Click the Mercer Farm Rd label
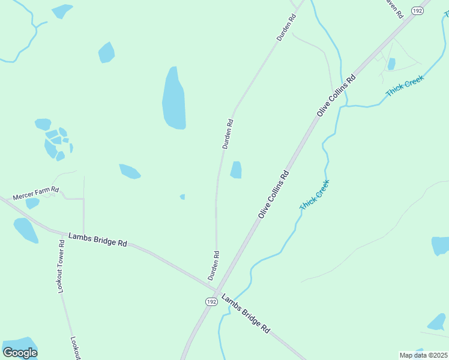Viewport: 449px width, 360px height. (x=37, y=193)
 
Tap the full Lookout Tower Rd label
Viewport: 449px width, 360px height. (x=61, y=266)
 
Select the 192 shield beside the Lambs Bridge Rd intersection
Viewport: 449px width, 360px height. (x=210, y=301)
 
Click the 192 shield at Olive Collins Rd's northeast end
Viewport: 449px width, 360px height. (x=417, y=11)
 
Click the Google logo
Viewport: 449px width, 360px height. (x=20, y=352)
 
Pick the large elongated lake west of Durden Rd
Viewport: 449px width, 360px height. (x=173, y=99)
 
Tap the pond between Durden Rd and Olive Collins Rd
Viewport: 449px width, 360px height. (x=237, y=170)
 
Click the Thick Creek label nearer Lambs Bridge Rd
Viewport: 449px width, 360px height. (x=315, y=195)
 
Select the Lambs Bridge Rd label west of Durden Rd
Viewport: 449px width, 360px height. (x=97, y=239)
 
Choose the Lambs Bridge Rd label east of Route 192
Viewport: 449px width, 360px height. (x=246, y=314)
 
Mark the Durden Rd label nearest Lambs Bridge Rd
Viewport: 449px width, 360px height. (x=214, y=265)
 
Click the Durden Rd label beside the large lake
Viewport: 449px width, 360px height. (x=228, y=134)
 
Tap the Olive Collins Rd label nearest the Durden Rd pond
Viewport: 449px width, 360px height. (x=274, y=194)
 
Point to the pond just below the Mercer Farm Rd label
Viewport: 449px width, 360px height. (x=32, y=203)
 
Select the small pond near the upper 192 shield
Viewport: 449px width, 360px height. (x=391, y=64)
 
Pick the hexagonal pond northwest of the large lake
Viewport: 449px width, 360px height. (x=106, y=52)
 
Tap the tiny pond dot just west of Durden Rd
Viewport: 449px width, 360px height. (x=182, y=196)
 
